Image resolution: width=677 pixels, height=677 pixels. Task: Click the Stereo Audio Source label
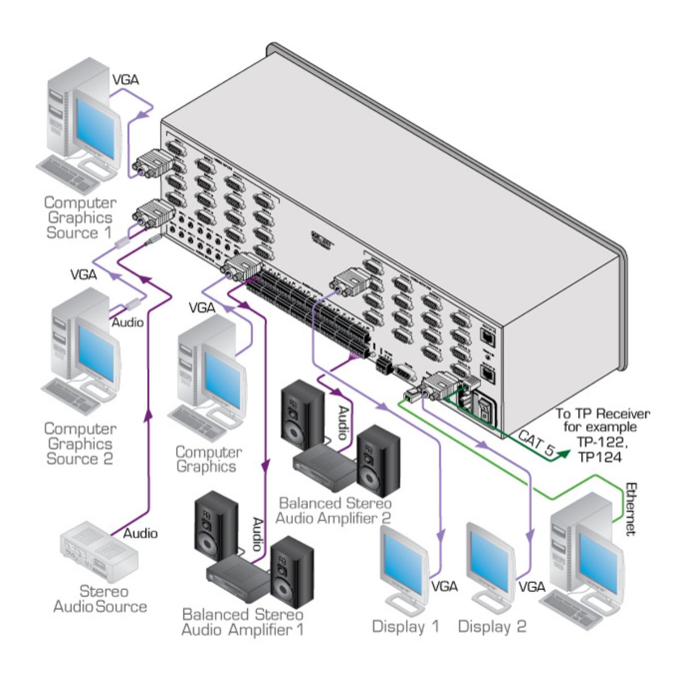click(x=100, y=599)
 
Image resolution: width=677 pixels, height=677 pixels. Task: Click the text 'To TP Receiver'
click(x=603, y=414)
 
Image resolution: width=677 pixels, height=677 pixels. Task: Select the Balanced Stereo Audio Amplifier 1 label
click(x=242, y=622)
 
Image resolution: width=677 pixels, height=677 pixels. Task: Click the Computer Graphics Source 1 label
click(x=80, y=217)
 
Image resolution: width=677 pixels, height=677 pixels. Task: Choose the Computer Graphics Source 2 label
click(x=80, y=444)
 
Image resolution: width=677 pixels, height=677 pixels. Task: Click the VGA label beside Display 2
click(x=531, y=587)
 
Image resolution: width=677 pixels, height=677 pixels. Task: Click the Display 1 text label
click(x=405, y=626)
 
